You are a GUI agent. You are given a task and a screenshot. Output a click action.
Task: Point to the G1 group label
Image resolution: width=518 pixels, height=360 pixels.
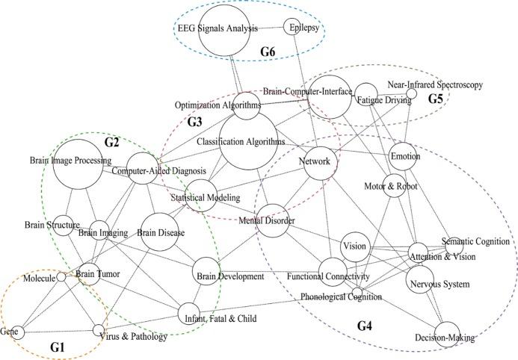click(58, 347)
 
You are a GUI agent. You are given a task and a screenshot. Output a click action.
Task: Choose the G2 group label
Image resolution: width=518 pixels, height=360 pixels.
click(112, 142)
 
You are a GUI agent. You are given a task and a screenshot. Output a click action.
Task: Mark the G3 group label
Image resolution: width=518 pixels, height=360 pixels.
click(195, 121)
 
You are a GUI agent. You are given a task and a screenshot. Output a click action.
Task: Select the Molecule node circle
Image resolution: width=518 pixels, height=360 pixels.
click(62, 278)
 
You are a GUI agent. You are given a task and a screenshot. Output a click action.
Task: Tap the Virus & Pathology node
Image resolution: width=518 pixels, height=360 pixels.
click(99, 330)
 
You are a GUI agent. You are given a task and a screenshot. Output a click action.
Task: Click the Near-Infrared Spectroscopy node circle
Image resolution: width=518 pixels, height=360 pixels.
click(411, 93)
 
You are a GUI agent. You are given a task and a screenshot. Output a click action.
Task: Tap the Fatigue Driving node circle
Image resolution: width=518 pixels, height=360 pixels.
click(366, 94)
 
